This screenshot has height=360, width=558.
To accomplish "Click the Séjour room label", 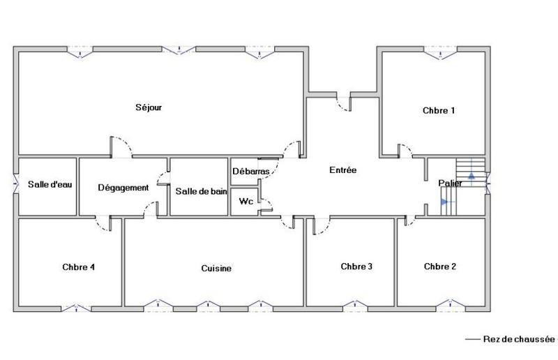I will [149, 107].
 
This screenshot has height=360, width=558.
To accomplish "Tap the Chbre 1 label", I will [439, 110].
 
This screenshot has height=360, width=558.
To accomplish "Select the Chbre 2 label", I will [440, 266].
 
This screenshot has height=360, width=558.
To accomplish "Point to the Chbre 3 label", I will [356, 266].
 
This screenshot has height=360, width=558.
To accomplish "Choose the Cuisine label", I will [216, 268].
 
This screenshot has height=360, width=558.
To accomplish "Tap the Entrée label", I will [342, 170].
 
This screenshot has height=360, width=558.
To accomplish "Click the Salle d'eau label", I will [46, 185].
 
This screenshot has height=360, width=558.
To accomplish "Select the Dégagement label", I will [123, 188].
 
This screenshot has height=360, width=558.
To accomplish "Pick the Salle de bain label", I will [201, 191].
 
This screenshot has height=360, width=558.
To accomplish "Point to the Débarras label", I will [251, 171].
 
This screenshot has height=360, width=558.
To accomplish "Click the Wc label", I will [246, 202].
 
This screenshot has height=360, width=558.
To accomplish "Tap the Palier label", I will [451, 183].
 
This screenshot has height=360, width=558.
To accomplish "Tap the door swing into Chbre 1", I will [405, 150].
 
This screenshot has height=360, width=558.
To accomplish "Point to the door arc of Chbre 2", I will [412, 222].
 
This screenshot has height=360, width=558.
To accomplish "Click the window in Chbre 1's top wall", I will [439, 50].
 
